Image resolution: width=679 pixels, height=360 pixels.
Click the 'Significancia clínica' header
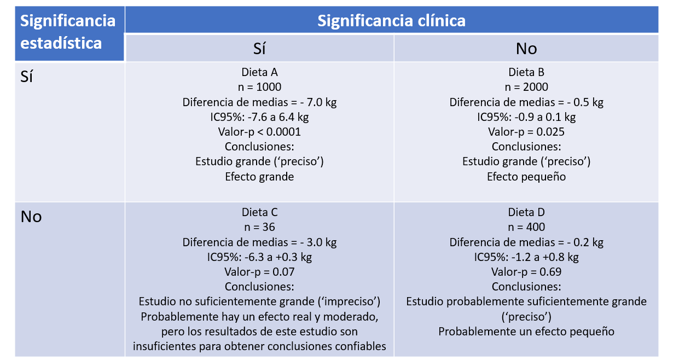[391, 21]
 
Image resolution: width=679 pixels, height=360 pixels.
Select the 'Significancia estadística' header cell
[68, 32]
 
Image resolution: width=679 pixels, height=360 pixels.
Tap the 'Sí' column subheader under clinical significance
[259, 49]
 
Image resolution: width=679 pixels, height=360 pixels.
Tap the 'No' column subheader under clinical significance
[526, 49]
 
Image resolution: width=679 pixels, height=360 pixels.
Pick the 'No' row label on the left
[31, 217]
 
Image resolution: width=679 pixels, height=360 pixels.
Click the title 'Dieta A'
[259, 72]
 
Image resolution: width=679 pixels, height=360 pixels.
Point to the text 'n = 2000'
[526, 87]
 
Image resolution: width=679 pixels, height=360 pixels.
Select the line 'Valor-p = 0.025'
[526, 132]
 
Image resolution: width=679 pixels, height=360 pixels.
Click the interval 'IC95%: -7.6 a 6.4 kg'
[259, 117]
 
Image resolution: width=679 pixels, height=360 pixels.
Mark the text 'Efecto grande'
[259, 177]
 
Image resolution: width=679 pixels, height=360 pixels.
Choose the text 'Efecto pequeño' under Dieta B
[526, 177]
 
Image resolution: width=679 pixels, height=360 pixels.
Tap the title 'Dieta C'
[259, 212]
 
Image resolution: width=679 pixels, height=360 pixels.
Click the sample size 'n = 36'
[259, 227]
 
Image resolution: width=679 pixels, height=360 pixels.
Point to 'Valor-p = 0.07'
[259, 272]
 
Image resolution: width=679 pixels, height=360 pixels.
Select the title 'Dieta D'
[526, 212]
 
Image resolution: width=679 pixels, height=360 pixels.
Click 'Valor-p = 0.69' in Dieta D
[526, 272]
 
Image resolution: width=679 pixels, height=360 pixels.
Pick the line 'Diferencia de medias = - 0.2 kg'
[526, 242]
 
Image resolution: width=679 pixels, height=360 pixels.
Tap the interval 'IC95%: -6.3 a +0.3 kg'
[259, 257]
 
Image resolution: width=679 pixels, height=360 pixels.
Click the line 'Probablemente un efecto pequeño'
[526, 332]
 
